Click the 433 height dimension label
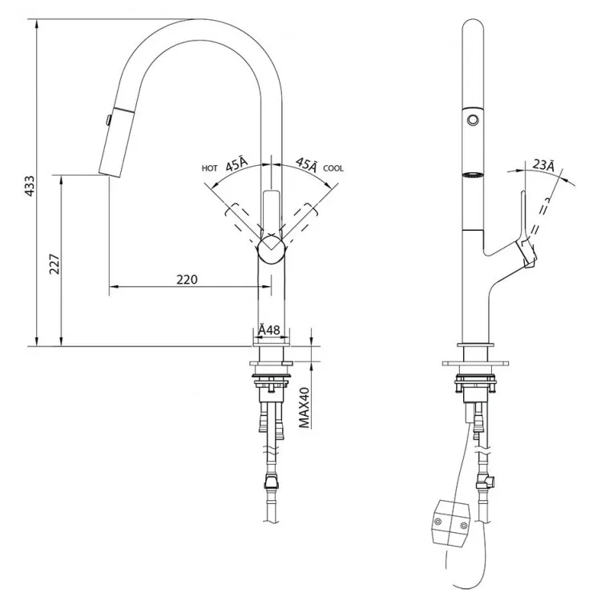coord(30,186)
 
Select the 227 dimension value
coord(54,264)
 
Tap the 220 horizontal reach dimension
coord(187,280)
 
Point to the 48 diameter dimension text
coord(269,329)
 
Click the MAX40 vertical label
coord(304,407)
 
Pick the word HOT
coord(209,168)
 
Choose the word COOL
coord(333,168)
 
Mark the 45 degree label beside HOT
coord(236,164)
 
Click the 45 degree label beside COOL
coord(307,164)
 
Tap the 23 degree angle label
coord(543,165)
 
